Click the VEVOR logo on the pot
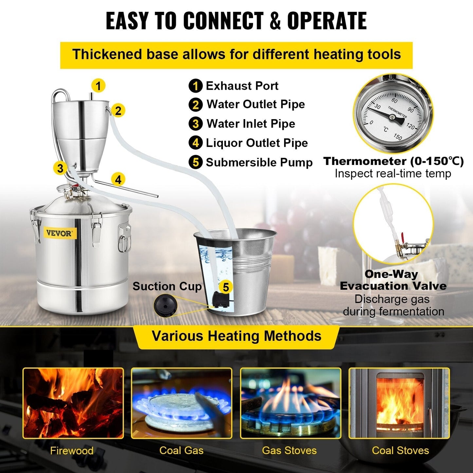point(59,233)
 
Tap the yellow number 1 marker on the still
point(98,86)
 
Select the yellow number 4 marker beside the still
point(118,179)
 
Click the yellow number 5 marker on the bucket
point(226,287)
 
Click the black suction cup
point(166,305)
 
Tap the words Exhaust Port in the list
point(242,86)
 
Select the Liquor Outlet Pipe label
point(257,143)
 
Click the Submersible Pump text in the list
point(259,162)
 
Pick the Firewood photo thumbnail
point(73,403)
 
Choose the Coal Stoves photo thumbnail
point(399,403)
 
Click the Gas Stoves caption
point(289,450)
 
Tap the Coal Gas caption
point(181,450)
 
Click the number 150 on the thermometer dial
point(398,136)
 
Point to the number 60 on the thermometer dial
point(394,100)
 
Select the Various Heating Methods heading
point(236,336)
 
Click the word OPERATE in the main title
point(327,21)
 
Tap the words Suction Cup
point(167,286)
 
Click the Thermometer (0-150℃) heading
point(393,161)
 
